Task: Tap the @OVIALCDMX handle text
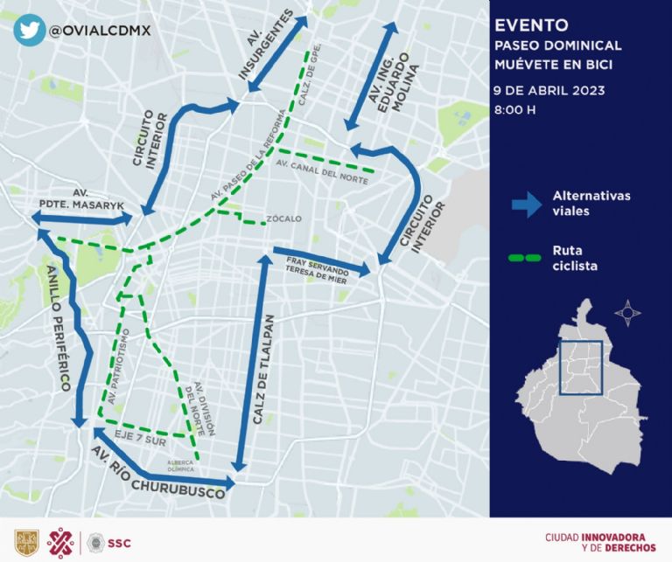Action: click(x=101, y=31)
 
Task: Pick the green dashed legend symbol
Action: click(x=527, y=258)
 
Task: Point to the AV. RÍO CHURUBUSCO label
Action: click(x=158, y=473)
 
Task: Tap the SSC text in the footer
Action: click(x=119, y=542)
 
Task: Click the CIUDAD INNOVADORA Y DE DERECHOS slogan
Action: click(x=599, y=541)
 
